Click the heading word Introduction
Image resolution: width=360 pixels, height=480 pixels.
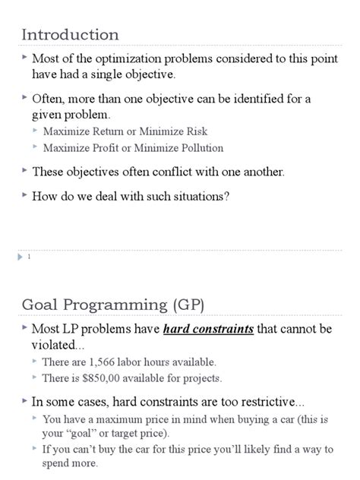click(x=70, y=34)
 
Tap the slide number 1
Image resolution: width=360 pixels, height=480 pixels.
click(x=28, y=257)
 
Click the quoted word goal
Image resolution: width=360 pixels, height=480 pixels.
click(x=85, y=434)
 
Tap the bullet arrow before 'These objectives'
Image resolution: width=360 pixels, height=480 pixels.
click(x=24, y=171)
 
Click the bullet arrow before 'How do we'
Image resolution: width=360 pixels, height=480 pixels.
click(x=24, y=194)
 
